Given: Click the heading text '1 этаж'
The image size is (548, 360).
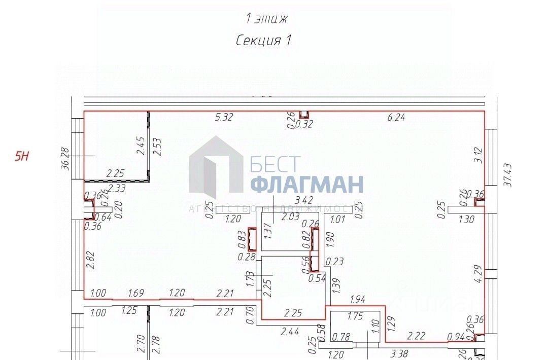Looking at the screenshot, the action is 266,19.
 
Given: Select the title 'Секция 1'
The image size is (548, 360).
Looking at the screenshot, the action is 263,41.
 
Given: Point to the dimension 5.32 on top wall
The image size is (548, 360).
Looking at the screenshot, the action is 224,118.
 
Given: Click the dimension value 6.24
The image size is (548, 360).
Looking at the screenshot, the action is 397,118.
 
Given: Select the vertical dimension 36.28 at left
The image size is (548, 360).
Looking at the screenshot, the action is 64,159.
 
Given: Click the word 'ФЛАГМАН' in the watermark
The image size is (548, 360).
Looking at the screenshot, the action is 306,185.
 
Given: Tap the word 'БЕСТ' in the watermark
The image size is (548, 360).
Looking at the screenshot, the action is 275,163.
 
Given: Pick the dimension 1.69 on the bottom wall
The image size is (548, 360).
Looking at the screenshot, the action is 136,293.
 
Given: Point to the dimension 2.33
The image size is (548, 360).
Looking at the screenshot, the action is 117,188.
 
